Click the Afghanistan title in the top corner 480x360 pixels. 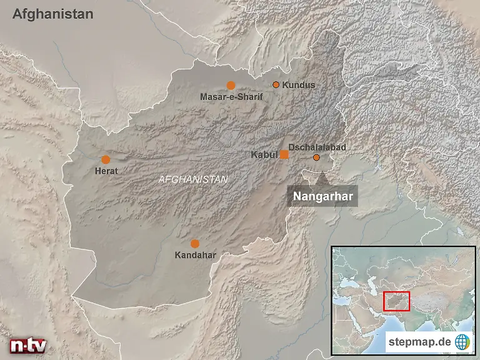[53, 14]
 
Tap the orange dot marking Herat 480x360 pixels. [106, 159]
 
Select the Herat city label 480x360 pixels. [106, 171]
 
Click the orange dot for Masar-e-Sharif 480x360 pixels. [231, 86]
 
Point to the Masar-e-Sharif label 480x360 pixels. [231, 97]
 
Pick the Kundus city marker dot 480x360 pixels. [276, 85]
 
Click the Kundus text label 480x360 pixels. [299, 85]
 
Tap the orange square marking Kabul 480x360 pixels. [284, 154]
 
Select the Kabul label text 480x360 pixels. [264, 154]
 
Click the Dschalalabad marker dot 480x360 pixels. [316, 157]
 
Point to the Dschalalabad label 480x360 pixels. [317, 147]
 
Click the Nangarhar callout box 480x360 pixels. [323, 196]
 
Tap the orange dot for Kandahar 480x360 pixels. [195, 243]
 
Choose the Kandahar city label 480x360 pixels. [195, 255]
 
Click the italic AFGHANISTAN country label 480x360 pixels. [193, 179]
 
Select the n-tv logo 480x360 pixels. [27, 346]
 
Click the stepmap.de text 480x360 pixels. [419, 342]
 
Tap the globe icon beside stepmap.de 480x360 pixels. [462, 342]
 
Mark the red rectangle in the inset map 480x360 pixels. [396, 301]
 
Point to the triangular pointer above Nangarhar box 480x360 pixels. [321, 179]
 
